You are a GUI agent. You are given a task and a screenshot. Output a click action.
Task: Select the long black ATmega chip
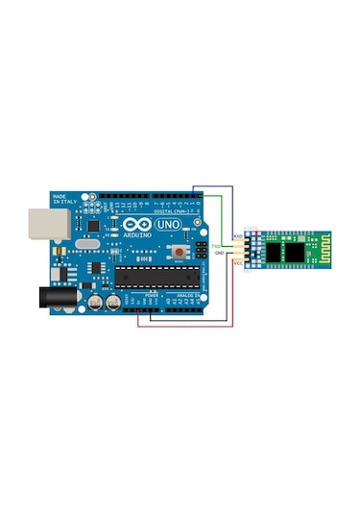tap(157, 278)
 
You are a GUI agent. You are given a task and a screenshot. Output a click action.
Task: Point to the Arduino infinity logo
tap(135, 225)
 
